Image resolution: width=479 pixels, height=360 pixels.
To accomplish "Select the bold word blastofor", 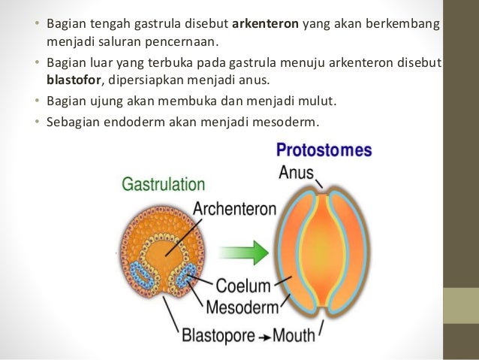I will tap(71, 78).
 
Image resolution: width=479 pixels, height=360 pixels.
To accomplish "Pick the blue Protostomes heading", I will tap(324, 150).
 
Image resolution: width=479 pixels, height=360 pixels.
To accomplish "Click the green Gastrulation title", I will tap(163, 184).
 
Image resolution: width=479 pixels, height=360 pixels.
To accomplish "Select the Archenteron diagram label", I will tap(233, 208).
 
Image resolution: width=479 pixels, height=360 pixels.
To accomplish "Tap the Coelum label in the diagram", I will tap(242, 286).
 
